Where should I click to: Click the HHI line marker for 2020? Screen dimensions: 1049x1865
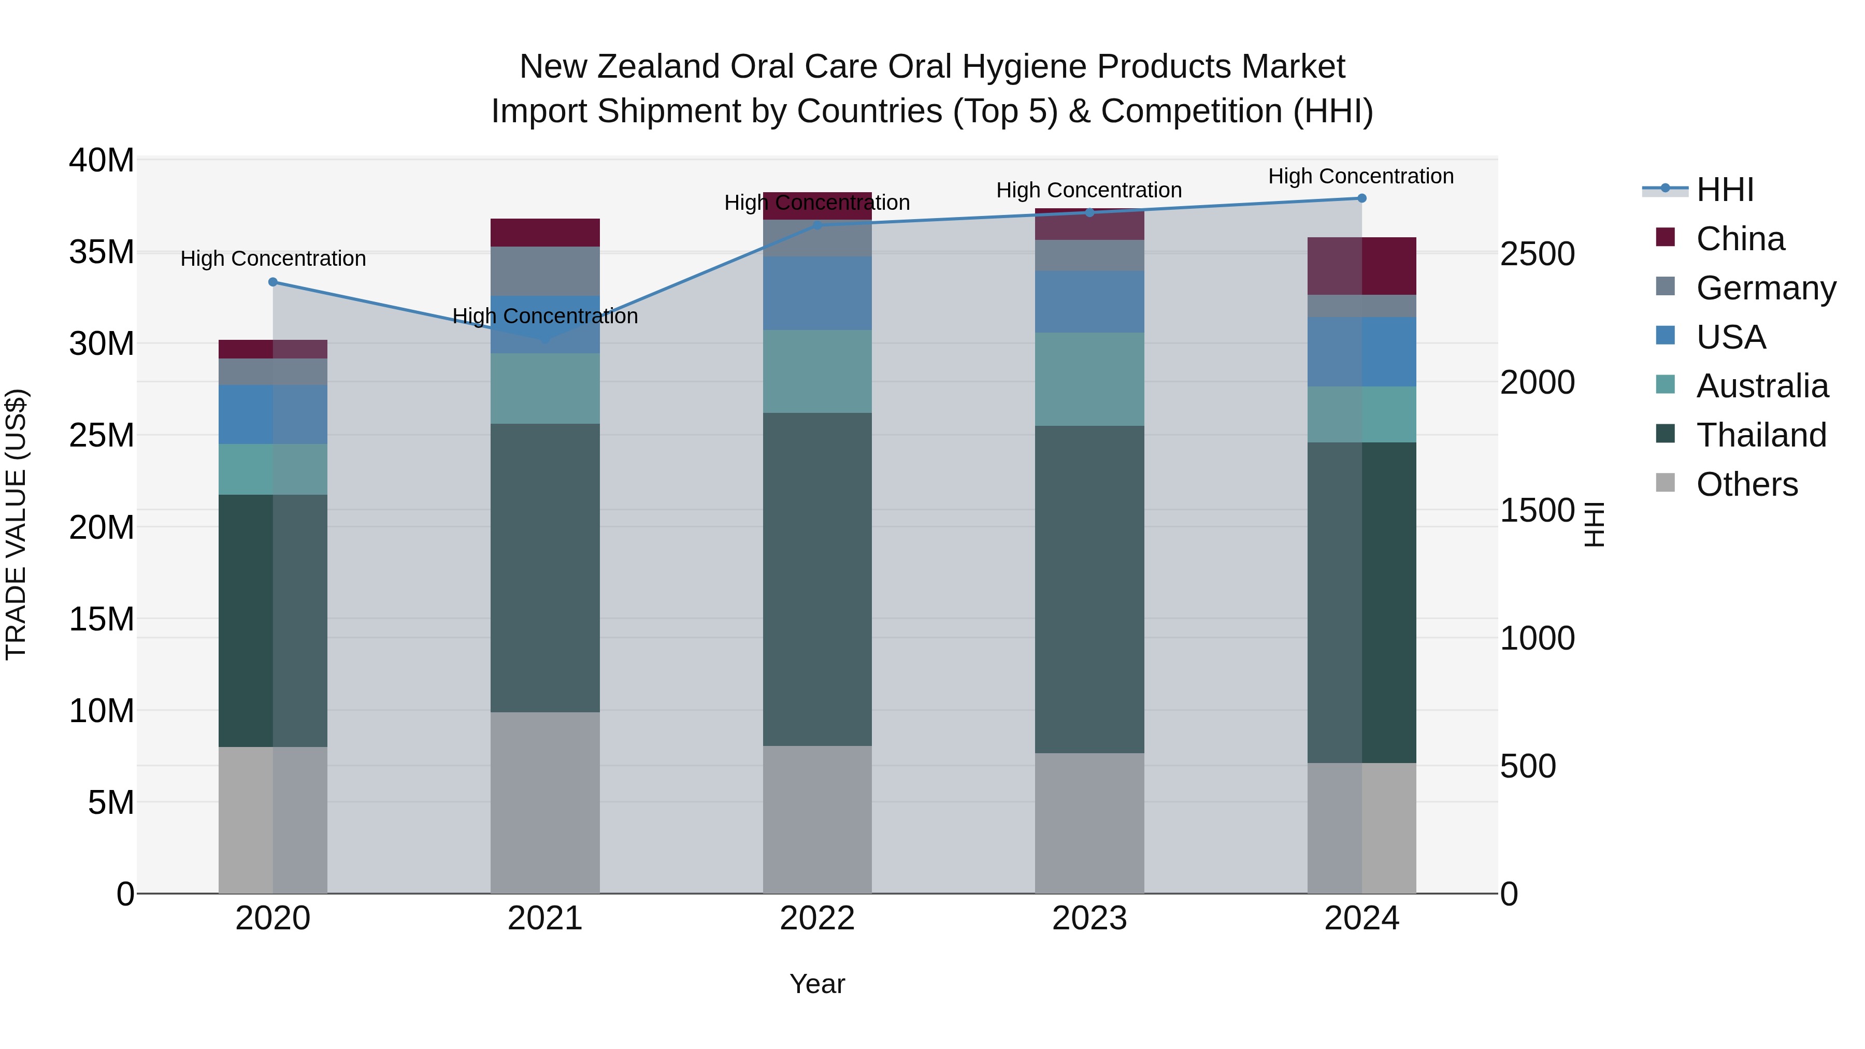coord(273,282)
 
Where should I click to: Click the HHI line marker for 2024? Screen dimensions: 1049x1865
coord(1362,198)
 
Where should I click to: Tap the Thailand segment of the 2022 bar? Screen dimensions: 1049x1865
coord(817,579)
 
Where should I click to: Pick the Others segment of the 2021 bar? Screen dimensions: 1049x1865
coord(545,802)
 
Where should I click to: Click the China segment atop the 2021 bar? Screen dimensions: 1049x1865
coord(545,233)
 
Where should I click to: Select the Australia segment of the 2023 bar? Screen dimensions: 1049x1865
coord(1089,379)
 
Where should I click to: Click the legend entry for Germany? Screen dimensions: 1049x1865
coord(1765,288)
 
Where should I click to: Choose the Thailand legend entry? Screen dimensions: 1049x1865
coord(1761,435)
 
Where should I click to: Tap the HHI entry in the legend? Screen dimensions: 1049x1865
coord(1725,190)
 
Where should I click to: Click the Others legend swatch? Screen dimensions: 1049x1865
coord(1665,483)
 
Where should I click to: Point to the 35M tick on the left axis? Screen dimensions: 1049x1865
coord(102,252)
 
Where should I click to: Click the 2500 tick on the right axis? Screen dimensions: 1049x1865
coord(1537,254)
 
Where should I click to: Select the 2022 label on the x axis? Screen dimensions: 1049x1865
coord(817,918)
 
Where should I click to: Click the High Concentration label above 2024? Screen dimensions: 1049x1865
coord(1361,176)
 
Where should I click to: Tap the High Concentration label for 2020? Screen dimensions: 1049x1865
coord(273,258)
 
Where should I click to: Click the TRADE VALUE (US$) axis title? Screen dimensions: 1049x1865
coord(16,524)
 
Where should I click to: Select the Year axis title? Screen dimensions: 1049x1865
coord(817,984)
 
